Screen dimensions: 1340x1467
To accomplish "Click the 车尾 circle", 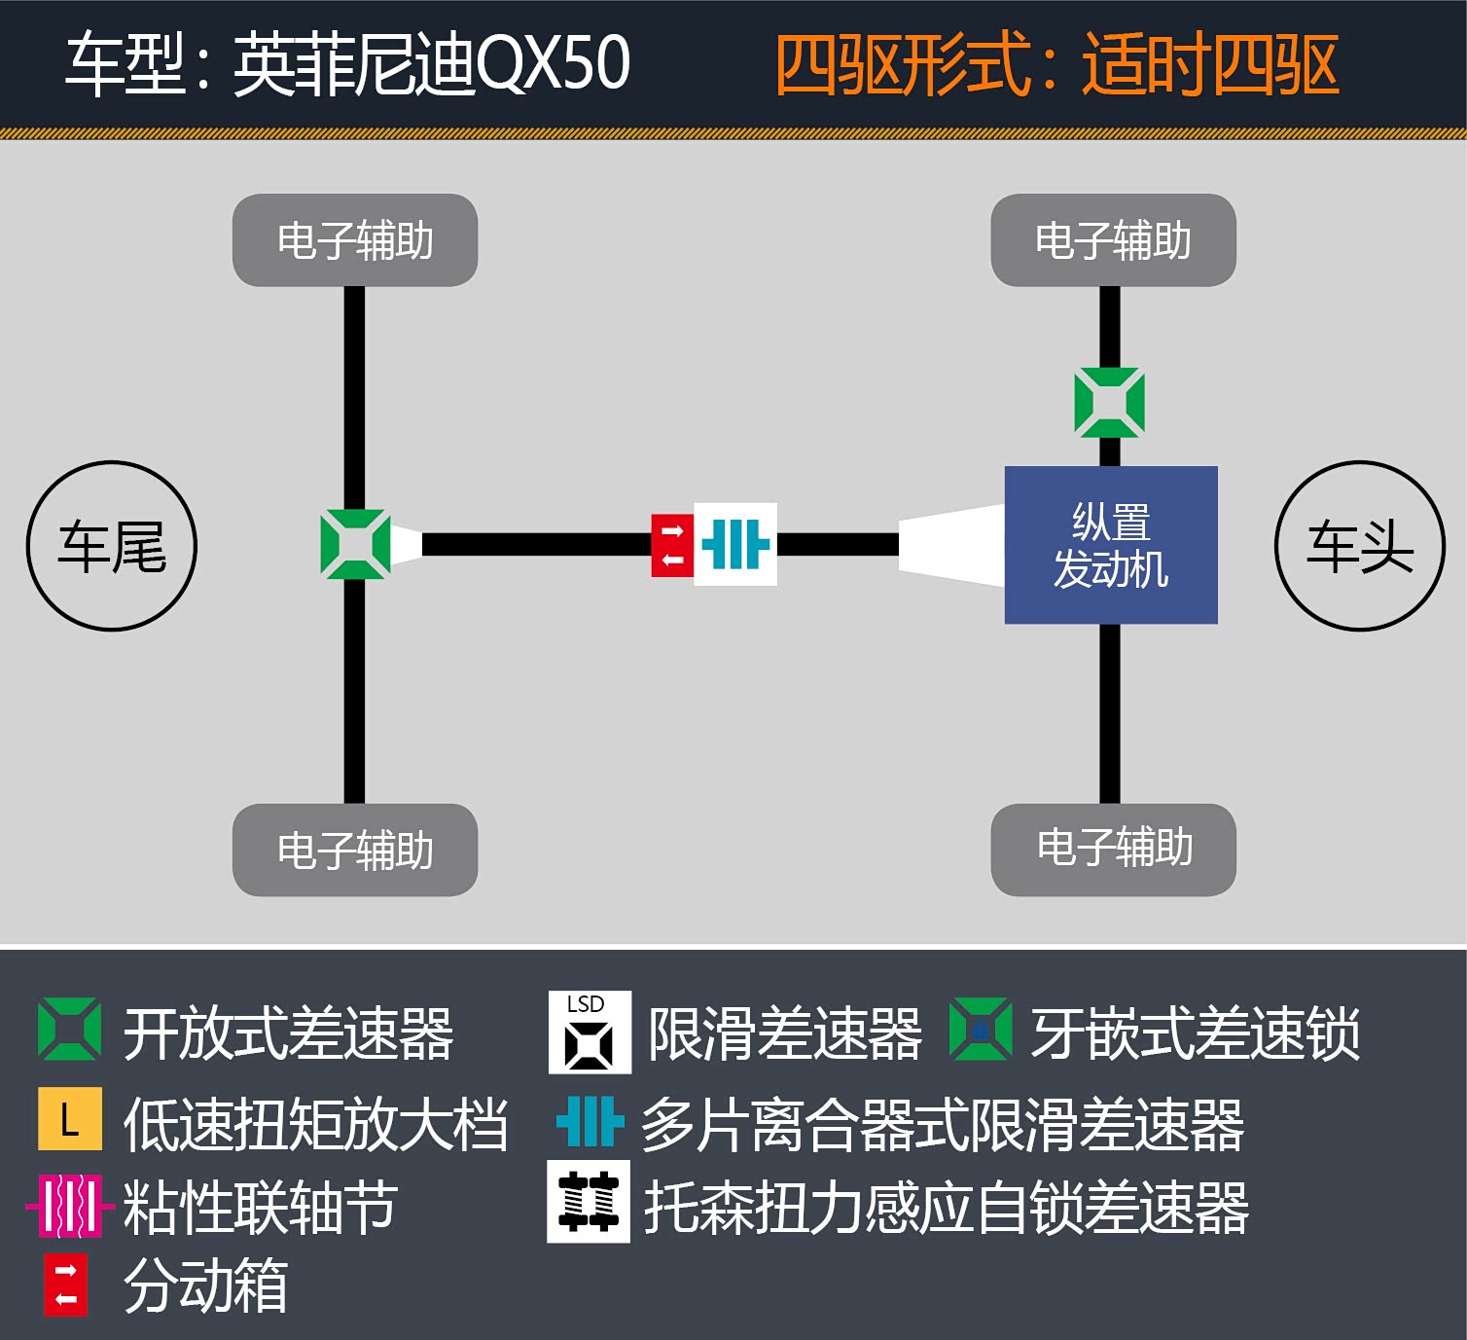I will (112, 546).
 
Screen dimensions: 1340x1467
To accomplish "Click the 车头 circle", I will (1359, 546).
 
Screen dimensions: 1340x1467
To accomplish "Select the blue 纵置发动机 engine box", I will (1111, 545).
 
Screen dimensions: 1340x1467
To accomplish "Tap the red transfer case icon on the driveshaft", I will (672, 545).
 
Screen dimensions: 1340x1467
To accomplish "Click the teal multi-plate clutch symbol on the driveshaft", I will (735, 544).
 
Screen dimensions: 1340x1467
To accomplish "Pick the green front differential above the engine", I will (1109, 403).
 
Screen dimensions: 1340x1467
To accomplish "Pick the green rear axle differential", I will (355, 545).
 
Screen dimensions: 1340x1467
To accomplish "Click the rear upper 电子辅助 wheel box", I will (355, 240).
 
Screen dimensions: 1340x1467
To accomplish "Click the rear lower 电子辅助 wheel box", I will (355, 850).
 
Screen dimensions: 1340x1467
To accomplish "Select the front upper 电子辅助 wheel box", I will (1113, 240).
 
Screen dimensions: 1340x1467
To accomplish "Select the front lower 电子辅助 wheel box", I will (1113, 849).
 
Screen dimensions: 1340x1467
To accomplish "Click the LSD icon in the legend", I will (590, 1032).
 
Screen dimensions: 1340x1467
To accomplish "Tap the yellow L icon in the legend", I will (69, 1119).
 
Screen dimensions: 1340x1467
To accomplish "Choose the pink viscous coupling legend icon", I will (69, 1207).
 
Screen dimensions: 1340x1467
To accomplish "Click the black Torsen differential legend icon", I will (589, 1202).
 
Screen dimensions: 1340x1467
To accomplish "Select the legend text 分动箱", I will (206, 1286).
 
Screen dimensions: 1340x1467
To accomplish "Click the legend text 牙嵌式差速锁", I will (1196, 1033).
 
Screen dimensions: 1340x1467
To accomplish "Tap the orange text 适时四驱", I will (1210, 65).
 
